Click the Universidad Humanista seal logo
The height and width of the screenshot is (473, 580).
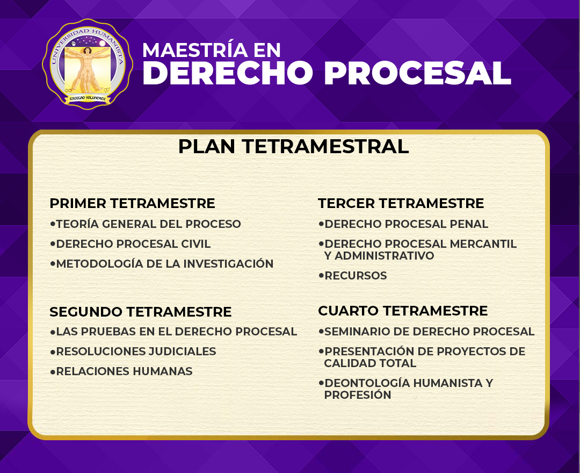point(88,64)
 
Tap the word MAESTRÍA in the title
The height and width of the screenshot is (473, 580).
point(195,50)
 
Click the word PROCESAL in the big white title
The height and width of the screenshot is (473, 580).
point(418,73)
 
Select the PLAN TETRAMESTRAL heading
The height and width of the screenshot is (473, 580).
point(293,146)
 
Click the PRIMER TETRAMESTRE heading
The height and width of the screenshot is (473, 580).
point(133,203)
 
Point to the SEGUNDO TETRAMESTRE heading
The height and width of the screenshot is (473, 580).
point(141,312)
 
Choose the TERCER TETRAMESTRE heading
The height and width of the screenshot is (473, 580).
point(401,203)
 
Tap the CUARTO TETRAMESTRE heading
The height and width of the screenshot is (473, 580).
point(403,311)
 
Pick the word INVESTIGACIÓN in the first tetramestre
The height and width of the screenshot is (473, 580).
point(228,263)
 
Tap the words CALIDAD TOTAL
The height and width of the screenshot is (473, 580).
point(370,363)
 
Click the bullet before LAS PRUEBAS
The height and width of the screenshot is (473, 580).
point(53,332)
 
